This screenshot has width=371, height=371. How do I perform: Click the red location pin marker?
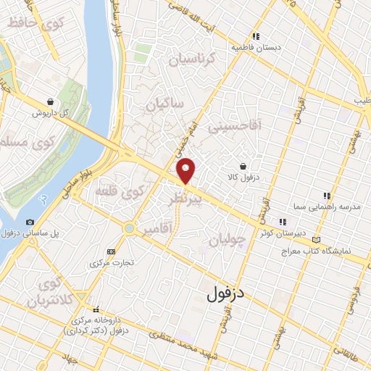pos(186,170)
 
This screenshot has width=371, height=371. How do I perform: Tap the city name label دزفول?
pos(228,293)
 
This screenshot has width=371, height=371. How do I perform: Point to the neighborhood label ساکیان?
pos(167,104)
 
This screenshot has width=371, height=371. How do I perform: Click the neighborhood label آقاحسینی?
pos(233,125)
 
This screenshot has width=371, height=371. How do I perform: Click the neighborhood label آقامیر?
pos(157,228)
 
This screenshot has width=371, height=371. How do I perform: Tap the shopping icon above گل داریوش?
pos(49,101)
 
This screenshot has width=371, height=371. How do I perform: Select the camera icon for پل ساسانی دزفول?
pos(30,222)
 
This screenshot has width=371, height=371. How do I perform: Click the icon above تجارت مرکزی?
pos(110,251)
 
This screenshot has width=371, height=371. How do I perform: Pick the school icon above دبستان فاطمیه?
pos(255,36)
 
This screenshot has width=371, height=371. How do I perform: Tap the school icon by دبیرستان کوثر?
pos(282,222)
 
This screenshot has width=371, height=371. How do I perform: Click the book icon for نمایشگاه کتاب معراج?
pos(314,239)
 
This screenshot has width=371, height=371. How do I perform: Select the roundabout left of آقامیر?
pos(130,228)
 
